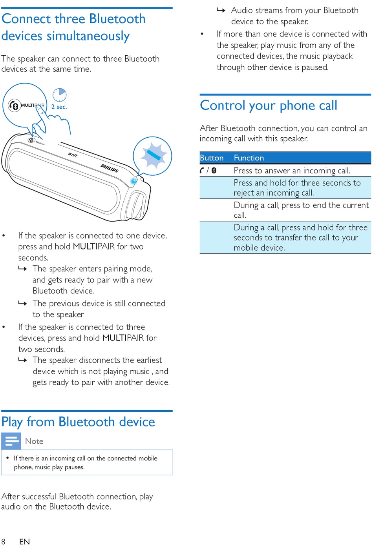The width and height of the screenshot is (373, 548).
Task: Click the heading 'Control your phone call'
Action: click(x=268, y=106)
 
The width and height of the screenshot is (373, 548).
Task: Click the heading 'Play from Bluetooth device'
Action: click(x=78, y=422)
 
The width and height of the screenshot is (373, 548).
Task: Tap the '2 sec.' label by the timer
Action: click(x=59, y=107)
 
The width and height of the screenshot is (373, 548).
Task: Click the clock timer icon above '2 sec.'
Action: click(x=60, y=95)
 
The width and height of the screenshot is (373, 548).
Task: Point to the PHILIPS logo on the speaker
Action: click(x=110, y=168)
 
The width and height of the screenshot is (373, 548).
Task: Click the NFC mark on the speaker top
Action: click(x=73, y=155)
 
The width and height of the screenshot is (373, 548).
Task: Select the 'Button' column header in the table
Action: click(x=212, y=158)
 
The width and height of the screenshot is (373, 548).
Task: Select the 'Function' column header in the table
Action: click(x=249, y=158)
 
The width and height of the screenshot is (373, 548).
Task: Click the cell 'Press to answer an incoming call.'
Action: click(x=292, y=171)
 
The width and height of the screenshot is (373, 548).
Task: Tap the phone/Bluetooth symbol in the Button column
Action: click(x=208, y=171)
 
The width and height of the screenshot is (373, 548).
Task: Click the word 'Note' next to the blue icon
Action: click(x=34, y=441)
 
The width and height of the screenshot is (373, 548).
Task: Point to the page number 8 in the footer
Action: click(x=4, y=542)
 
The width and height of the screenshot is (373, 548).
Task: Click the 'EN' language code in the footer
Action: click(x=24, y=542)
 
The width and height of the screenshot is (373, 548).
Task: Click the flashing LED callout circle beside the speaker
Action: click(x=152, y=156)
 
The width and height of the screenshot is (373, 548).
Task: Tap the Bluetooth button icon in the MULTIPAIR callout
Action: click(x=15, y=106)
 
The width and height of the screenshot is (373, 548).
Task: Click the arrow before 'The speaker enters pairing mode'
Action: click(x=23, y=269)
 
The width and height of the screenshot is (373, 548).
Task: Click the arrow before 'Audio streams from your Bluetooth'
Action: click(x=221, y=10)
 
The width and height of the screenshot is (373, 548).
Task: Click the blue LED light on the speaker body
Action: click(x=133, y=181)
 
